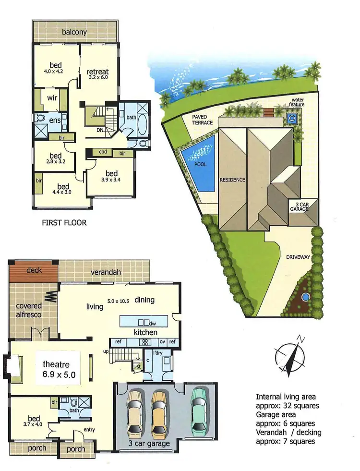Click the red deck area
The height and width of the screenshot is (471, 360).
33,270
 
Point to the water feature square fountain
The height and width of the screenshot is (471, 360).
291,117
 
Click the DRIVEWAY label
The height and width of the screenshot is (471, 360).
298,257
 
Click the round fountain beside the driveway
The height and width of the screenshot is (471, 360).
305,297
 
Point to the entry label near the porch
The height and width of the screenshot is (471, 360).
90,429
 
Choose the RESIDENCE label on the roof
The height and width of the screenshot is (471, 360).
232,180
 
